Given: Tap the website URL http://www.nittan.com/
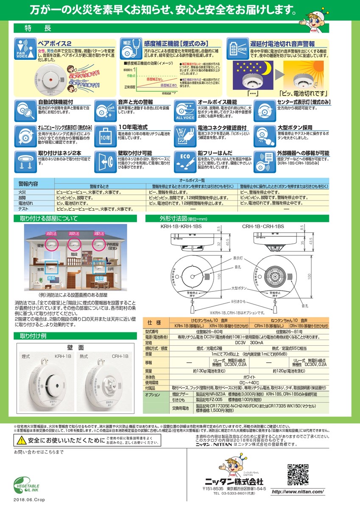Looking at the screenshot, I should [297, 492].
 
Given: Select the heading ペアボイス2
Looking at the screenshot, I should [55, 44].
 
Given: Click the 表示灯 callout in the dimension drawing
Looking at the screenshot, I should [237, 257].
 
